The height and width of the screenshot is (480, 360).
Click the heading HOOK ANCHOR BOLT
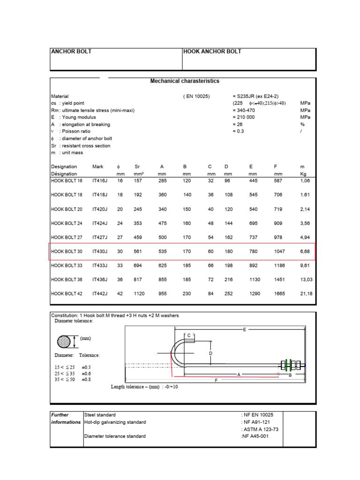tap(212, 52)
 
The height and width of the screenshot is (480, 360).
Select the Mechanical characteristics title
tap(185, 81)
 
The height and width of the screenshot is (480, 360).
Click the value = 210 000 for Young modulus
tap(244, 117)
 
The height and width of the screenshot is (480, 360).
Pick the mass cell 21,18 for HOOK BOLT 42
tap(306, 294)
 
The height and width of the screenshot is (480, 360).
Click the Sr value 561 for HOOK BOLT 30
tap(137, 251)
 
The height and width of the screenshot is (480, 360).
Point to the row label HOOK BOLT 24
tap(67, 223)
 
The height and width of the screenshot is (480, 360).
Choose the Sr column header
tap(137, 166)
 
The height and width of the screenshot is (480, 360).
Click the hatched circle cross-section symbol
tap(66, 341)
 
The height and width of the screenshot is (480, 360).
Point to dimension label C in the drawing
tap(189, 336)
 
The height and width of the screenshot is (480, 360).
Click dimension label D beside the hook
tap(211, 353)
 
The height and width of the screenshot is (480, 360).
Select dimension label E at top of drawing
tap(244, 330)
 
